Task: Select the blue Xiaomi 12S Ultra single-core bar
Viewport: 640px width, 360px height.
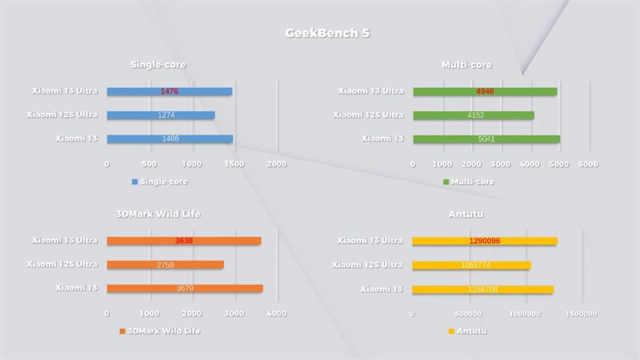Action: click(x=160, y=115)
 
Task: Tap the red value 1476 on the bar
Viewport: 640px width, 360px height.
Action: click(x=169, y=92)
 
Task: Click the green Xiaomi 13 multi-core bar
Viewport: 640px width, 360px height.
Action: click(x=486, y=139)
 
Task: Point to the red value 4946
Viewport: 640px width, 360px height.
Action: click(x=486, y=92)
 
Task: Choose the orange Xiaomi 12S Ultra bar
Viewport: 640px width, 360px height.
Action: click(x=165, y=265)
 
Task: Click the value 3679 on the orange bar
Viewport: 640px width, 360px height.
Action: click(x=184, y=289)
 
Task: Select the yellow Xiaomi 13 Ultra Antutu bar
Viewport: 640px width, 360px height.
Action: click(x=484, y=241)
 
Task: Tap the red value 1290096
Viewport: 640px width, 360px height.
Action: click(x=485, y=241)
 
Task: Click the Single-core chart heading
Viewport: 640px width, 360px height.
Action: click(x=163, y=65)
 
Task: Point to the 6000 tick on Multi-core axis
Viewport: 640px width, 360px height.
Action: click(x=588, y=164)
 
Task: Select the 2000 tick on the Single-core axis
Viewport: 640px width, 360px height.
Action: click(x=276, y=164)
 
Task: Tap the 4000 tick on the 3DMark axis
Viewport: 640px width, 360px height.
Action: click(x=276, y=314)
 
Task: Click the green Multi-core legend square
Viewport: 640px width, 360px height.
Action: click(x=446, y=182)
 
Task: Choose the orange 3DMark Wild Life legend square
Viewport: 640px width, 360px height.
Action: click(x=122, y=330)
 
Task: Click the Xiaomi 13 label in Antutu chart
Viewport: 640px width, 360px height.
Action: click(x=382, y=288)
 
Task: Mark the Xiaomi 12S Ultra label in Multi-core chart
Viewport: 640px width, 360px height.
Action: click(x=368, y=115)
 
